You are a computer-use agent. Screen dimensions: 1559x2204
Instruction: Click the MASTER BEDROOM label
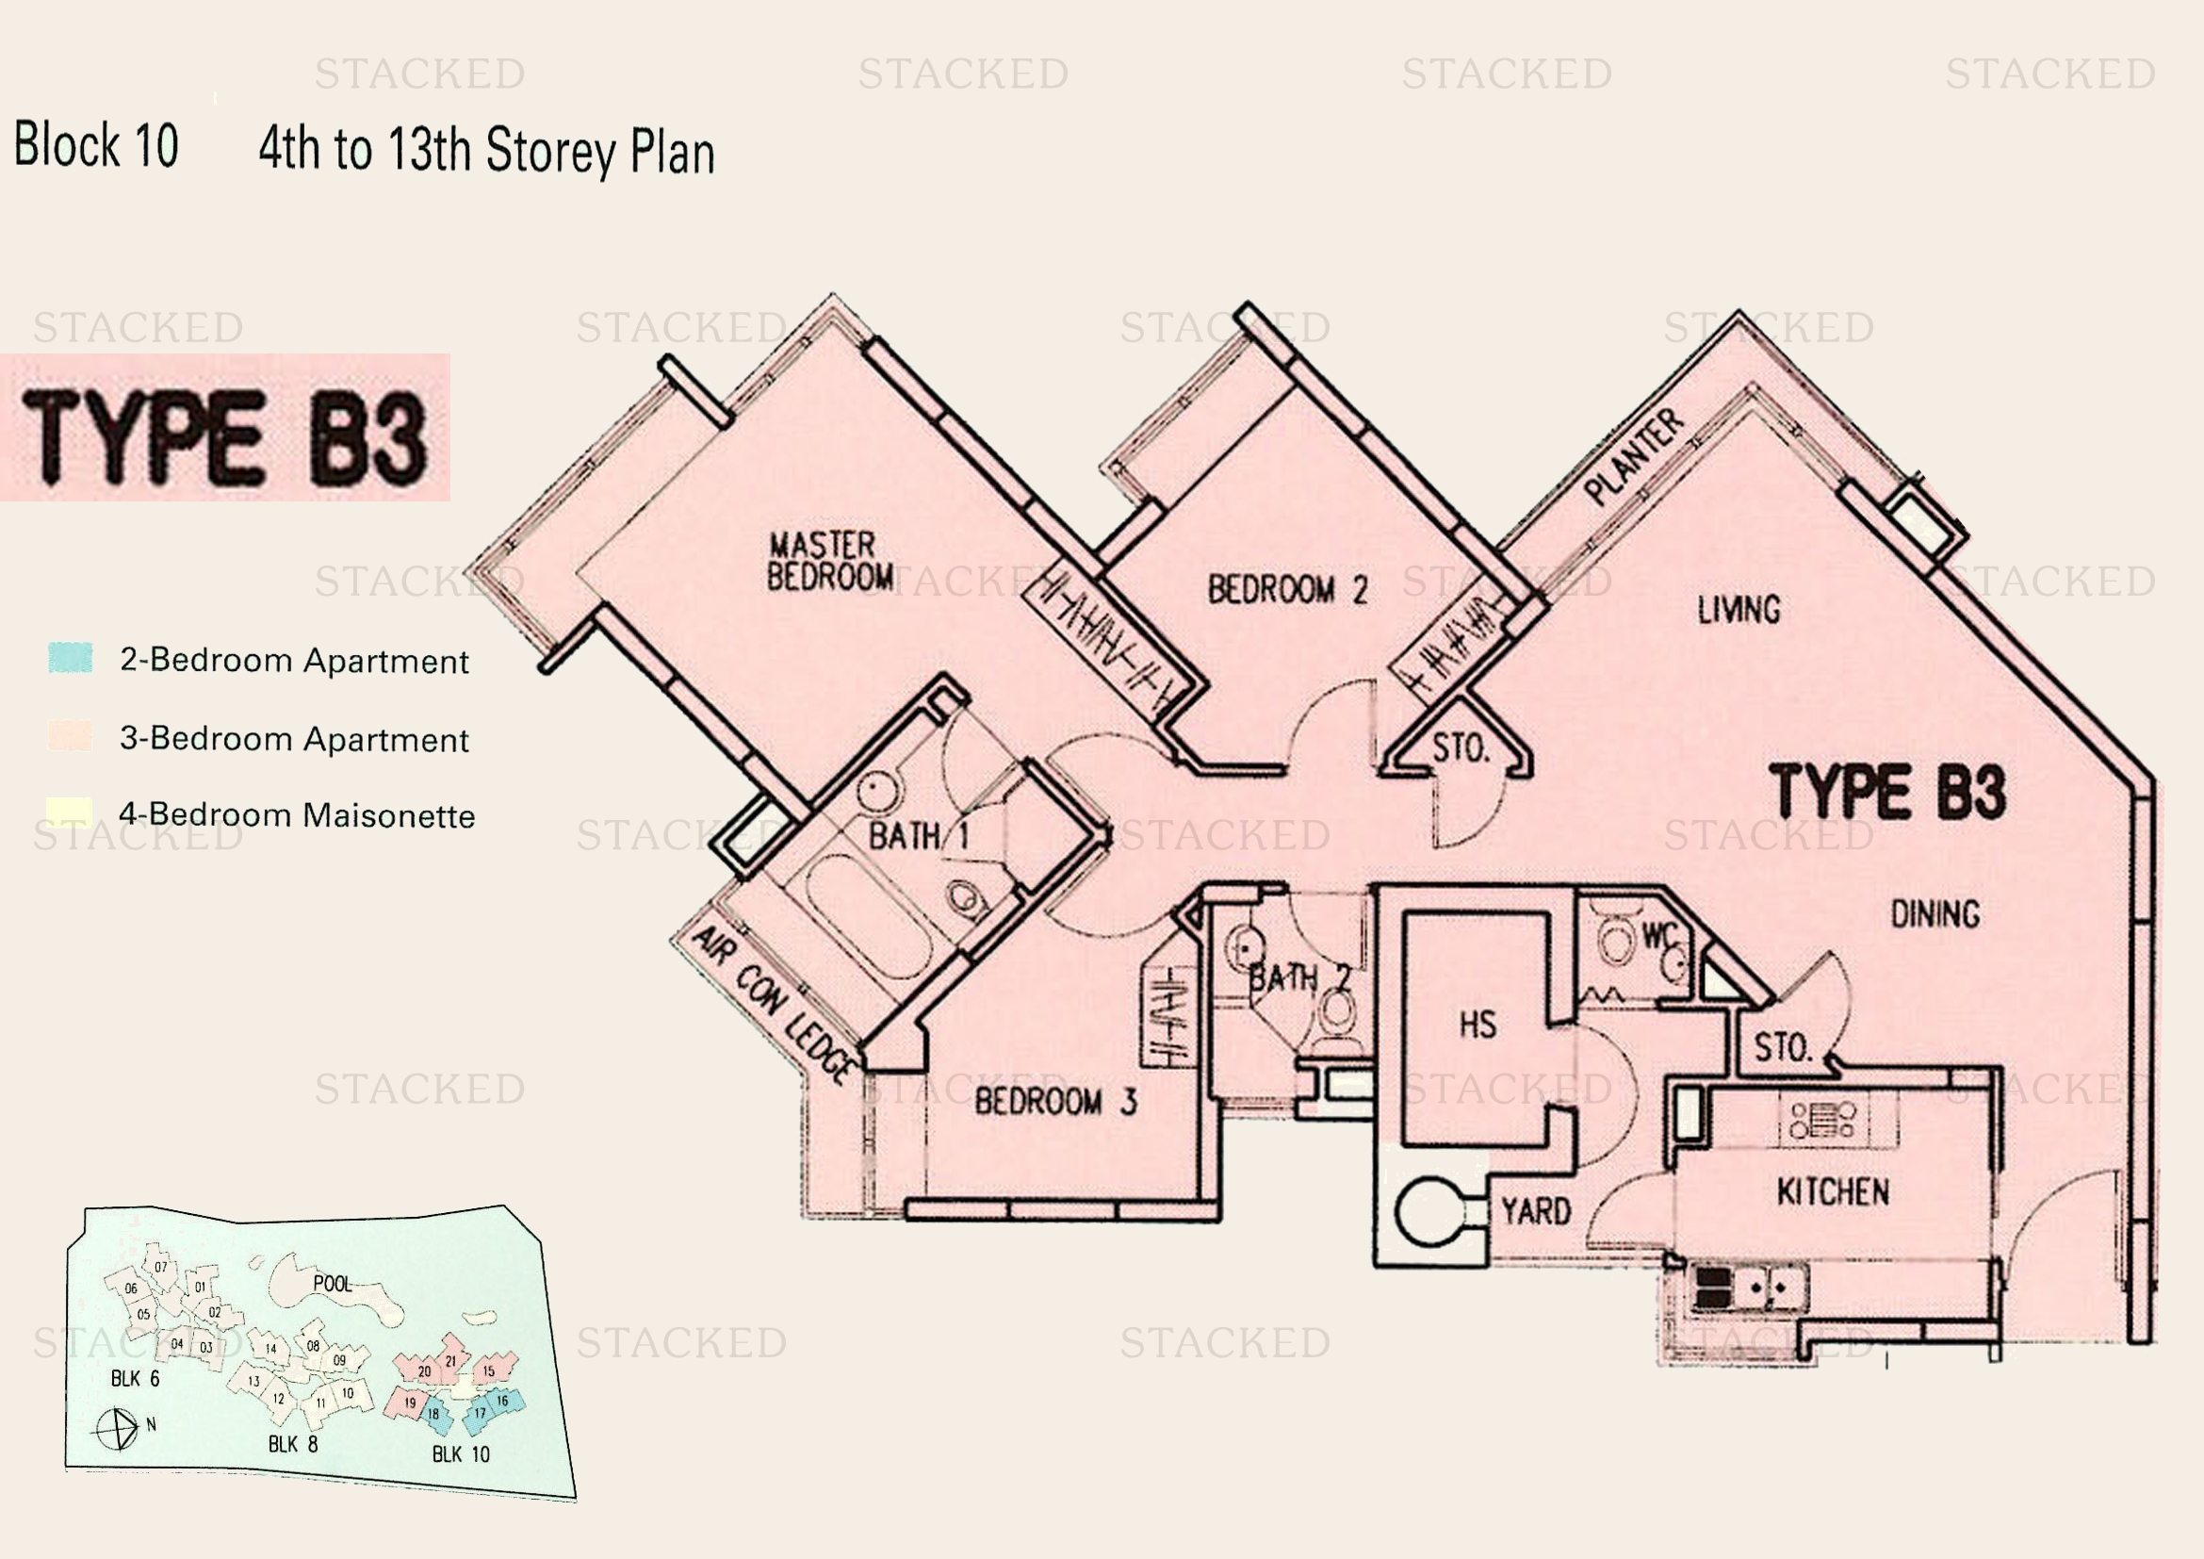click(x=829, y=562)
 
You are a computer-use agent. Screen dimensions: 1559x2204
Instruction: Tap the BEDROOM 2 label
click(x=1286, y=589)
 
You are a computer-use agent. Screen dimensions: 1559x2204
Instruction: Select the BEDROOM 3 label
click(x=1055, y=1101)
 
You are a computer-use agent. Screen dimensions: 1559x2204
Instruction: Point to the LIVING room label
click(x=1739, y=610)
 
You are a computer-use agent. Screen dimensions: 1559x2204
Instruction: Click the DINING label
click(x=1935, y=914)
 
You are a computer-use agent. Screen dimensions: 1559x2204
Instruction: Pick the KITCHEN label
click(x=1833, y=1192)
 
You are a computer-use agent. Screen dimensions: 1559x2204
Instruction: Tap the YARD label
click(x=1536, y=1211)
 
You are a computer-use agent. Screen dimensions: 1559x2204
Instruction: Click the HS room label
click(x=1477, y=1026)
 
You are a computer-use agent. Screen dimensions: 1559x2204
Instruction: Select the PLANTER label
click(x=1634, y=457)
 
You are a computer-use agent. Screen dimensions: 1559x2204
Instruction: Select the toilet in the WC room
click(x=1617, y=941)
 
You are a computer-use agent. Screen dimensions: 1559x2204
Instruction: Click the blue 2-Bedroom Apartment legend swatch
click(x=70, y=659)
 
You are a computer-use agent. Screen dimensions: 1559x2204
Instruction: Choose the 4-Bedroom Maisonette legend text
click(x=297, y=815)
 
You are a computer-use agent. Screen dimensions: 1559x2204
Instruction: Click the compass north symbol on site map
click(x=117, y=1428)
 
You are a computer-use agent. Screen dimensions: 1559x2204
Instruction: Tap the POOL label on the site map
click(x=332, y=1284)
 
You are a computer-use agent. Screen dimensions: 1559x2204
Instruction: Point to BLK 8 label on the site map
click(x=293, y=1444)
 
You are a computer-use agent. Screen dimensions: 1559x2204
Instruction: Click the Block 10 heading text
click(x=96, y=146)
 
